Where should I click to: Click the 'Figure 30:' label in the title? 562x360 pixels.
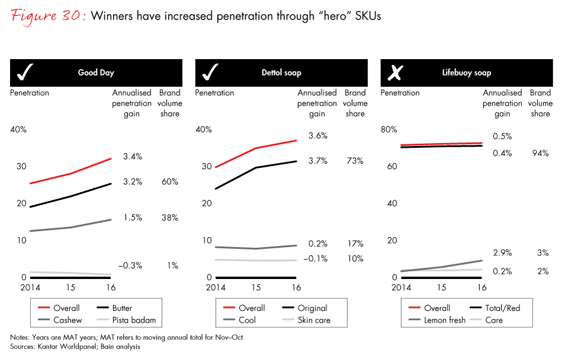[46, 16]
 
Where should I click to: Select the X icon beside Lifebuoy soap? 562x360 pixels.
[395, 73]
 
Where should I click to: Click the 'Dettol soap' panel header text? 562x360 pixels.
[281, 73]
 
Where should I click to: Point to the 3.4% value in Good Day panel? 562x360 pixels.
[133, 157]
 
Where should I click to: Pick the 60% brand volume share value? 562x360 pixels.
[170, 181]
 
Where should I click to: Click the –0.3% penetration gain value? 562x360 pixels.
[130, 265]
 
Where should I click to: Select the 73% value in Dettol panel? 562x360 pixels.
[355, 161]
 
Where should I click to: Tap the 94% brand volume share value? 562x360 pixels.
[540, 153]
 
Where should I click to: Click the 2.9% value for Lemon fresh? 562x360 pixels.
[502, 252]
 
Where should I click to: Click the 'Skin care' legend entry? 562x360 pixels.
[314, 320]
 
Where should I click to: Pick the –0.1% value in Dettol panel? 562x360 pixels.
[316, 258]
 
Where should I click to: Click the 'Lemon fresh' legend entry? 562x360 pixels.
[445, 320]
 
